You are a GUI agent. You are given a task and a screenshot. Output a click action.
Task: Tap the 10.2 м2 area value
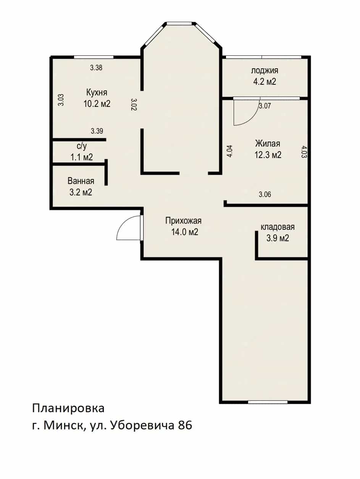pos(97,104)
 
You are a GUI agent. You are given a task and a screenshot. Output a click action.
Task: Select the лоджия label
pos(265,71)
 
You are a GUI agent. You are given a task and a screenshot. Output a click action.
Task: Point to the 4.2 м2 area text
pos(265,82)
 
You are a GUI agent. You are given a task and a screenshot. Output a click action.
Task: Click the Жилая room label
pos(268,144)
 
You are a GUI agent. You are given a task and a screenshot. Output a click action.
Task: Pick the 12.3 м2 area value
pos(268,155)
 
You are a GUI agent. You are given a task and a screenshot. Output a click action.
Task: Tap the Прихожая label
pos(183,221)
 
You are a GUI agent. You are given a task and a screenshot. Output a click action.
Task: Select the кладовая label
pos(278,227)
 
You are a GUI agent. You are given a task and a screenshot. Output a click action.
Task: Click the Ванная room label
pos(81,181)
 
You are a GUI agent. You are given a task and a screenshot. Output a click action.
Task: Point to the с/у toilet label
pos(82,146)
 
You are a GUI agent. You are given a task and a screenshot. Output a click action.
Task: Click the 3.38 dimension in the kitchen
pos(96,68)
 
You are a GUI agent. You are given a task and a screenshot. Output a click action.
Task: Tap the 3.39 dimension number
pos(97,131)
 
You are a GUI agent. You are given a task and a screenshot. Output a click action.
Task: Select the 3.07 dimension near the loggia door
pos(265,106)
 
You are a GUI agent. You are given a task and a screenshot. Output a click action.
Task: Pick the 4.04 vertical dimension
pos(230,151)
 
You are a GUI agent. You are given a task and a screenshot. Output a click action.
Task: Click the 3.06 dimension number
pos(265,194)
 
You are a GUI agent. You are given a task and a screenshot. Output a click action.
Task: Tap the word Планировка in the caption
pos(68,408)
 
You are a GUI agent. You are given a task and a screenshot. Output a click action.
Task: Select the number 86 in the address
pos(185,425)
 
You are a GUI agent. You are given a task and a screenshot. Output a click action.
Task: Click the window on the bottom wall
pos(268,402)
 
